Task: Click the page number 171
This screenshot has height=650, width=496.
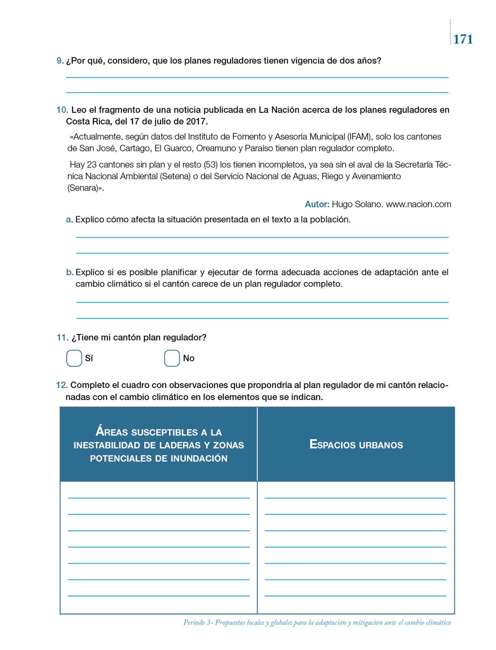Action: coord(463,39)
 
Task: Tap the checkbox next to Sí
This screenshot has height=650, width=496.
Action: coord(74,358)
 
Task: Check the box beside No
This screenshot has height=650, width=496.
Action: coord(172,358)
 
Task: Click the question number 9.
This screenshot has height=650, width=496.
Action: coord(60,61)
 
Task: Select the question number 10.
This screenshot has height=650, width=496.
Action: coord(62,110)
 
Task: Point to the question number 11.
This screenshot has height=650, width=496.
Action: coord(62,337)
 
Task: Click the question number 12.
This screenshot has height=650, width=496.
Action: coord(62,385)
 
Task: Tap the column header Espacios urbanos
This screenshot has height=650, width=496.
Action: coord(356,444)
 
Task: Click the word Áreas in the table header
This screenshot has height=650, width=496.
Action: coord(112,432)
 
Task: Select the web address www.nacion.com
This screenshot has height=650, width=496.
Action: coord(418,204)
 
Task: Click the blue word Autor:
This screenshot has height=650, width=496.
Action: coord(317,204)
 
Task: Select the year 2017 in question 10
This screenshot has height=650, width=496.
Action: coord(196,122)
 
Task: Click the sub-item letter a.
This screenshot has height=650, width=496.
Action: coord(69,220)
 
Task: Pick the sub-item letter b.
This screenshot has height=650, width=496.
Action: coord(69,272)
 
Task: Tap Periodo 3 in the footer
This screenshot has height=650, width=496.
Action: coord(199,622)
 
